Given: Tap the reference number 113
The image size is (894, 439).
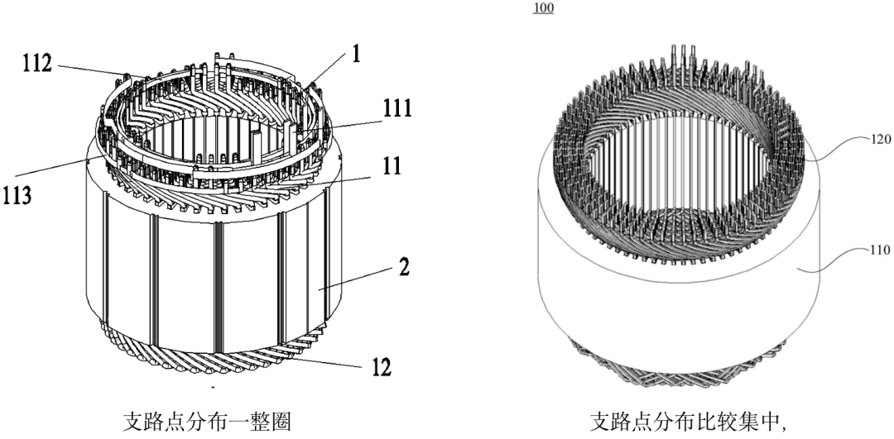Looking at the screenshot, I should click(18, 198).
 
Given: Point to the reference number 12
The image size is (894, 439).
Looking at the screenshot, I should click(382, 366).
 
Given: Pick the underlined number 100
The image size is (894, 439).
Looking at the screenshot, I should click(544, 8).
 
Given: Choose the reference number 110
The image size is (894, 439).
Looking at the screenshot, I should click(877, 250).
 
